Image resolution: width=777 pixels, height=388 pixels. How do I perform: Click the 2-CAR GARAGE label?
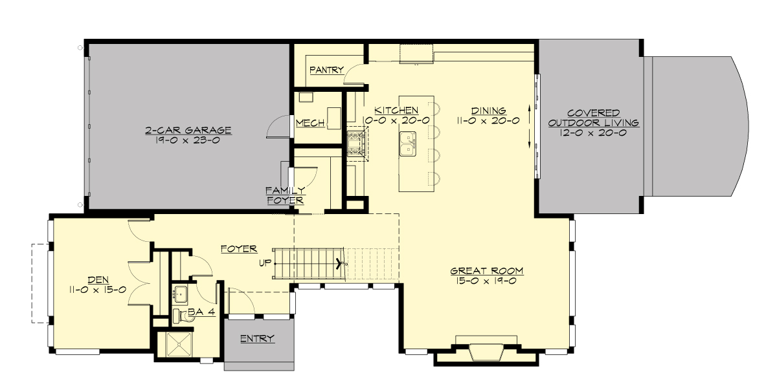pyautogui.click(x=188, y=131)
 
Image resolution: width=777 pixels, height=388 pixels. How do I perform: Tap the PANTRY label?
pyautogui.click(x=326, y=70)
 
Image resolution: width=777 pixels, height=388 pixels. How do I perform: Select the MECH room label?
pyautogui.click(x=310, y=123)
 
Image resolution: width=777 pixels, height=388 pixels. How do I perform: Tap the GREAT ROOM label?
pyautogui.click(x=486, y=270)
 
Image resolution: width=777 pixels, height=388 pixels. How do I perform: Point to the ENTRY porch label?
pyautogui.click(x=257, y=339)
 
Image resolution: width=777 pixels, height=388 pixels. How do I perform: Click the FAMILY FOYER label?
pyautogui.click(x=284, y=195)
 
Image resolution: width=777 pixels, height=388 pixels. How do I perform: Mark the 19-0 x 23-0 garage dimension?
pyautogui.click(x=188, y=140)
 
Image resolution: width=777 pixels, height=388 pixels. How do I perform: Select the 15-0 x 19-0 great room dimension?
pyautogui.click(x=486, y=281)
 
